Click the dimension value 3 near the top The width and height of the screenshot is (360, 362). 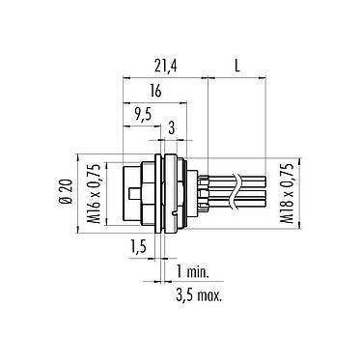click(x=172, y=127)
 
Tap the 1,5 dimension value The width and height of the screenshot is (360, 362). click(x=139, y=249)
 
